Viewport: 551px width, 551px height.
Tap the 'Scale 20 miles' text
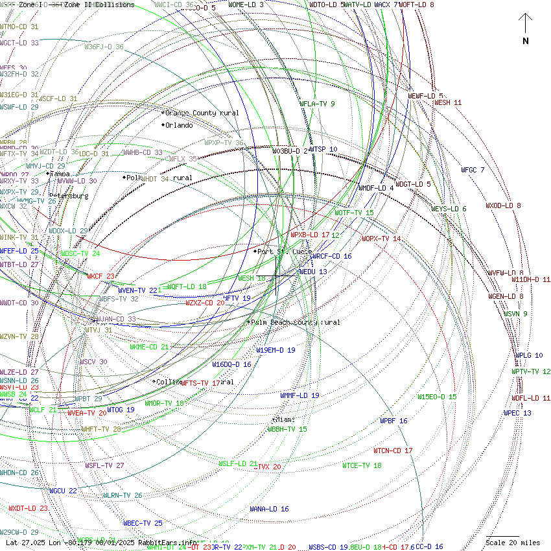(513, 543)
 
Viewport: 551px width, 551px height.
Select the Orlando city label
(178, 125)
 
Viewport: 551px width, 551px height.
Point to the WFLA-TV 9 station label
(317, 103)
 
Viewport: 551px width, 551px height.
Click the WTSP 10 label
(323, 149)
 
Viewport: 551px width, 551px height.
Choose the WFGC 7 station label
(473, 170)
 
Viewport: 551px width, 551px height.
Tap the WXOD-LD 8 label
(503, 205)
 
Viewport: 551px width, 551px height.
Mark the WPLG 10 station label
(529, 355)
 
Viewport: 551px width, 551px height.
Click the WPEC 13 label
(517, 413)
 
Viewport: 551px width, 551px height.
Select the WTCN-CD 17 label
(393, 451)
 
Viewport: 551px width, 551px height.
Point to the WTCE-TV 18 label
(362, 465)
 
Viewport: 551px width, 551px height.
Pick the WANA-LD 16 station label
(269, 509)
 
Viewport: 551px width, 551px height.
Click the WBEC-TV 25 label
(143, 522)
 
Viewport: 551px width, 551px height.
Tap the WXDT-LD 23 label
(28, 508)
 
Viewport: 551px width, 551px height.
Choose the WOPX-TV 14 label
(381, 239)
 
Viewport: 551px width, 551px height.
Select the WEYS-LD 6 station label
(449, 209)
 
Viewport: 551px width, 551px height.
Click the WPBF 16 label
(393, 421)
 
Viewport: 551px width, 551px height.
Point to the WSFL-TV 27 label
(104, 465)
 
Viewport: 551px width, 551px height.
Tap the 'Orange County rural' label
(202, 113)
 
